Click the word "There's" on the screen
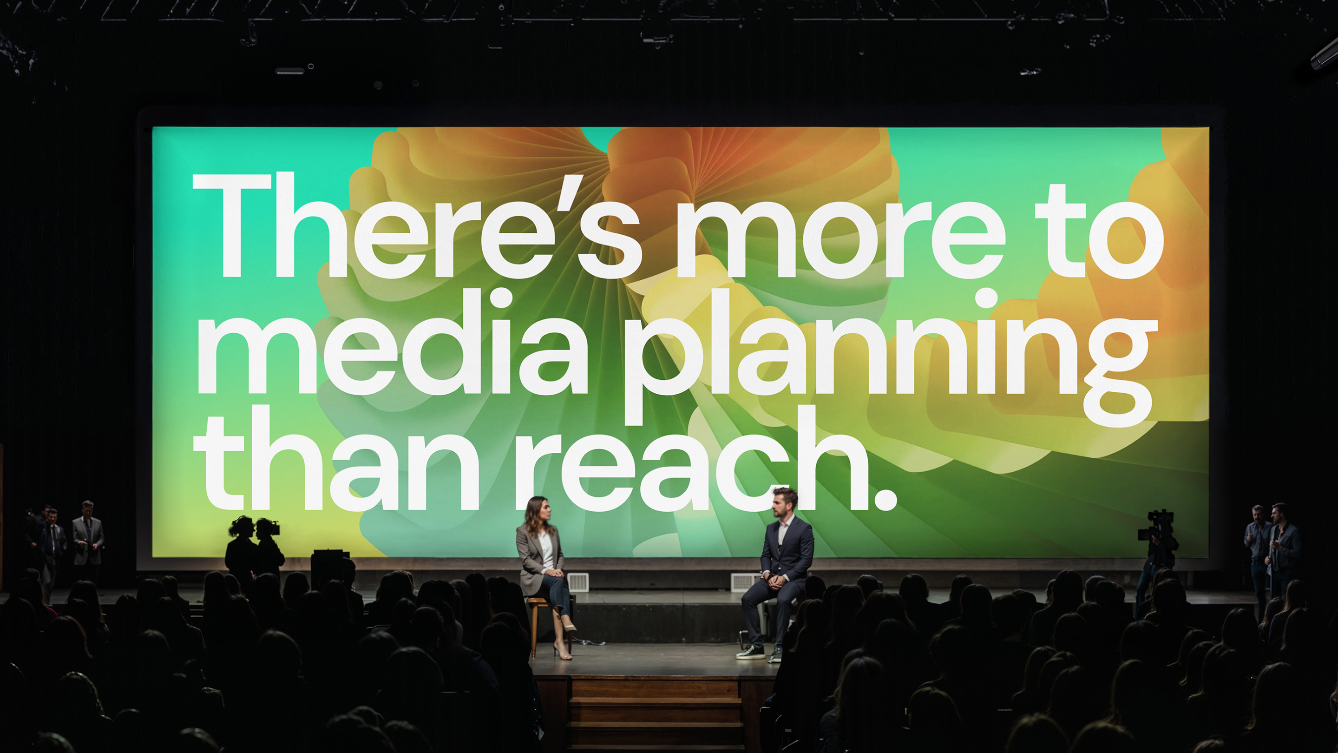(417, 225)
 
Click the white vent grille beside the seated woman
(577, 581)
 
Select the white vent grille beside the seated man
(745, 581)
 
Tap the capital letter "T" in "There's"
(232, 225)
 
